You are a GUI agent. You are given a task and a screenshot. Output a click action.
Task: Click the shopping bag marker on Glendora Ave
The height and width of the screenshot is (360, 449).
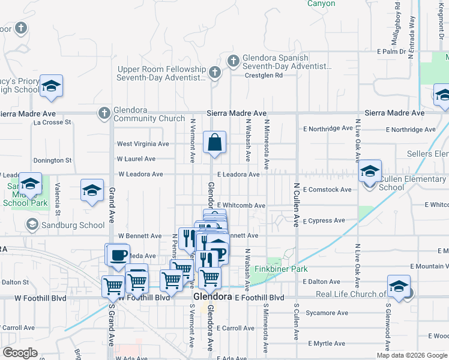point(214,143)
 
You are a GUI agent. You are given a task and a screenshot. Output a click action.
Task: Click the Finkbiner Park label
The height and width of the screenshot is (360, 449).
point(281,269)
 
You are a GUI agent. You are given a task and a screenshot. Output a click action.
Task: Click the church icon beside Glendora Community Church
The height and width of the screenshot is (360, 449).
point(104,112)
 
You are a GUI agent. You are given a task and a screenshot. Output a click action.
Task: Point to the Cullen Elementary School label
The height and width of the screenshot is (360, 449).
point(412,183)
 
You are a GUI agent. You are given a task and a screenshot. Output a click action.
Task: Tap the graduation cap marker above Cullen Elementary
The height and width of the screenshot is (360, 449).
point(370,172)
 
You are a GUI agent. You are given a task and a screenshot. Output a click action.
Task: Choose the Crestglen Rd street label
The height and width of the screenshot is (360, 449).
point(264,76)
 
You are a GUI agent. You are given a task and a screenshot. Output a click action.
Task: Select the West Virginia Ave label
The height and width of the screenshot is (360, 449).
point(143,144)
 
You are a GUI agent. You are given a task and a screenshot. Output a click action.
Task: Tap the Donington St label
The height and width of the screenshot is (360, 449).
point(52,160)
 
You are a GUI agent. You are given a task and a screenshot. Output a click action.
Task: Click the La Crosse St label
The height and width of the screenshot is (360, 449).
point(52,122)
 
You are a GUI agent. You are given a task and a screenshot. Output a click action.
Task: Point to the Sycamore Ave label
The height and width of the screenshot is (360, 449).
point(327,313)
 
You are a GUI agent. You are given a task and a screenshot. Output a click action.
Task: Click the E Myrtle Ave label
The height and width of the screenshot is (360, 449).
point(327,344)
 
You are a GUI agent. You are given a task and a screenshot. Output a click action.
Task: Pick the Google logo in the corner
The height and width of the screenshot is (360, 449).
point(20,352)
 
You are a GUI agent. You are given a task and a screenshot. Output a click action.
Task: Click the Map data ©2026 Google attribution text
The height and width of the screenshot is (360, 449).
point(411,355)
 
